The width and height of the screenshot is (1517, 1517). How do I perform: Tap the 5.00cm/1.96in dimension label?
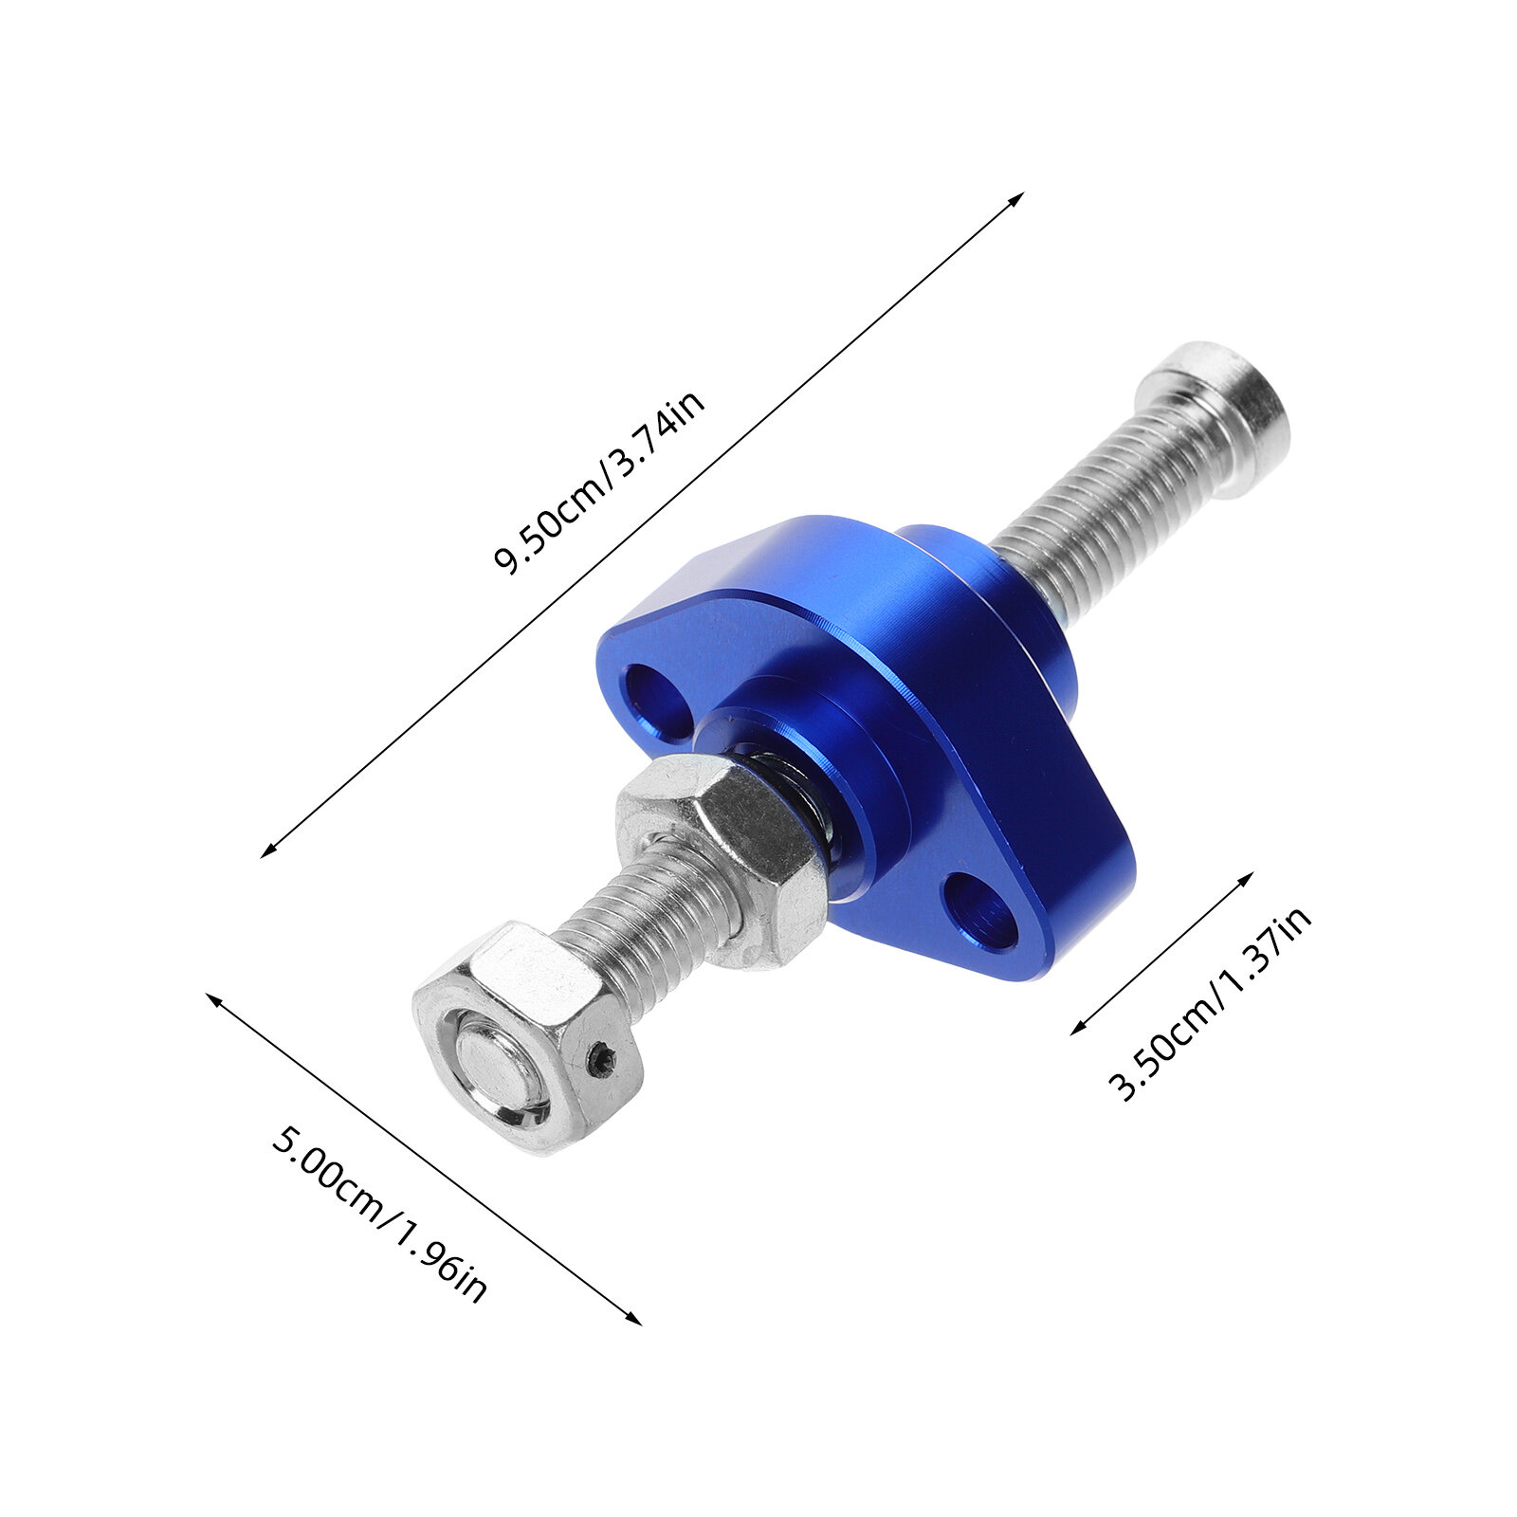pos(378,1215)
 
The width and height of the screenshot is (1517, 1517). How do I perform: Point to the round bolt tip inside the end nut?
pos(493,1069)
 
